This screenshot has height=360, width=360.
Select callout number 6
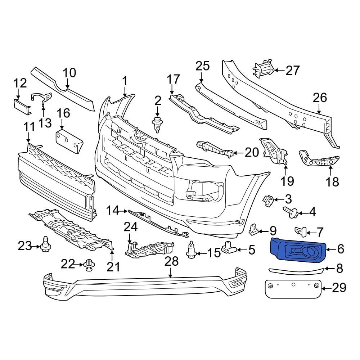340,249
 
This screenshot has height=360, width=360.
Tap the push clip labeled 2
157,124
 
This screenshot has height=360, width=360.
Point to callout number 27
292,70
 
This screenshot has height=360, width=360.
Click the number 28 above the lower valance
171,262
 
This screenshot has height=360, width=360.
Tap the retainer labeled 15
191,249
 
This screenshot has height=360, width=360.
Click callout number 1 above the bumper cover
125,81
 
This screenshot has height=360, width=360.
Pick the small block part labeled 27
264,68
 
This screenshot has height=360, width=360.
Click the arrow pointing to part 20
239,153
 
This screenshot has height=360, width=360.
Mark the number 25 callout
202,66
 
